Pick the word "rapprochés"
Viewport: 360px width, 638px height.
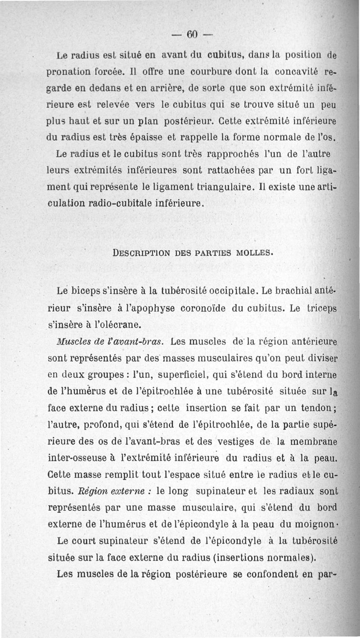pos(235,154)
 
